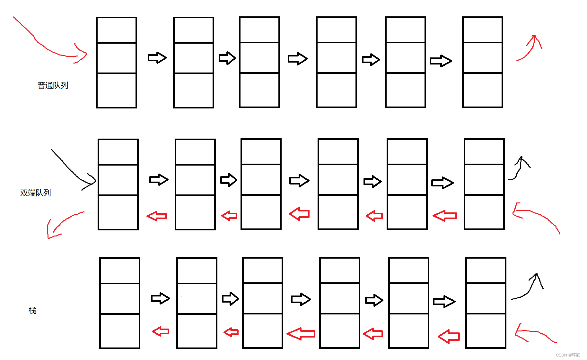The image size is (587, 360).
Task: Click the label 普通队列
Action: [53, 85]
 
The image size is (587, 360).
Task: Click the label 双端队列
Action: [36, 193]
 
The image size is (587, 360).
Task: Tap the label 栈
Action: [32, 311]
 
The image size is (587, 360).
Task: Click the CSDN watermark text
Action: [568, 355]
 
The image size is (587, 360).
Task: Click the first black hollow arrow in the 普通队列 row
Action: [157, 58]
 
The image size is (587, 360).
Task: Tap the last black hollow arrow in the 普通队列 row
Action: [441, 61]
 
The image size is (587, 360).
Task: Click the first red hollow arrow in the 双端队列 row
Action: [157, 216]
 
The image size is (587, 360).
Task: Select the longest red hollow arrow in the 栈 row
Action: [301, 334]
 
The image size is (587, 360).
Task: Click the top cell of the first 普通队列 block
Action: [117, 30]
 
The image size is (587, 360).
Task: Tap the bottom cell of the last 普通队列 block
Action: [483, 90]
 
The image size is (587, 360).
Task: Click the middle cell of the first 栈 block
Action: [120, 299]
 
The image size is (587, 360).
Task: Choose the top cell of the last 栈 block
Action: [486, 270]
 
